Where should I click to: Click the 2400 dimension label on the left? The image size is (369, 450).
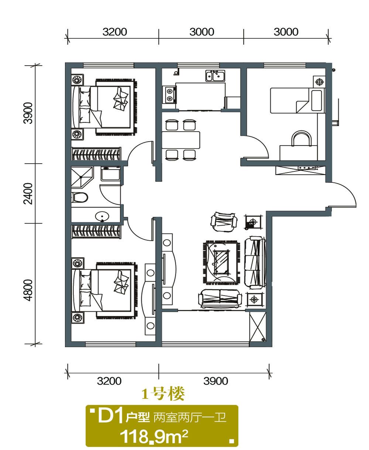[x=28, y=193]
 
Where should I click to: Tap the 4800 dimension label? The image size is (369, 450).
[x=28, y=290]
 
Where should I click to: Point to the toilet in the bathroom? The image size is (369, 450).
[x=80, y=198]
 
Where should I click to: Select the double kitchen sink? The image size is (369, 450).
[x=215, y=76]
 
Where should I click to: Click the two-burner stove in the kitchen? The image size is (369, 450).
[x=170, y=95]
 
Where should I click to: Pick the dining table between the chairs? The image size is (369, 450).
[x=181, y=140]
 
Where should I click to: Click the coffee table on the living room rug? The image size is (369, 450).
[x=221, y=262]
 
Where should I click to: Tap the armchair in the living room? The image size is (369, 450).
[x=224, y=222]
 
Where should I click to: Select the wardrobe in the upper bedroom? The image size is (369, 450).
[x=96, y=154]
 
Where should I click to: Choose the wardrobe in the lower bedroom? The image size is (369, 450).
[x=96, y=232]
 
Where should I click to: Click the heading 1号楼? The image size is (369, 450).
[x=163, y=394]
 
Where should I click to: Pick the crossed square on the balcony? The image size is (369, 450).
[x=258, y=327]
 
